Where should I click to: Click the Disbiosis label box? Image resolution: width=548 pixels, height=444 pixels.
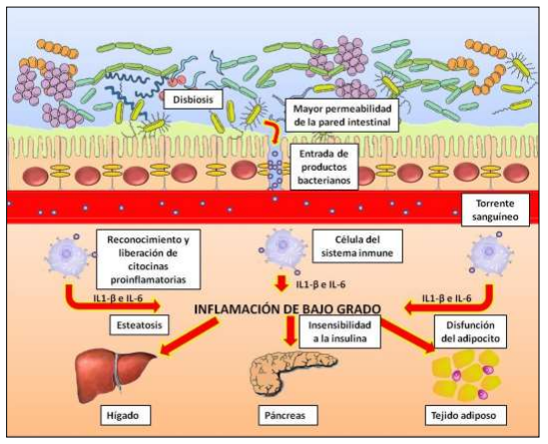click(x=193, y=99)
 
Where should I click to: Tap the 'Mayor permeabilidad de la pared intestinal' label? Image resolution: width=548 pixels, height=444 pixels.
click(x=342, y=116)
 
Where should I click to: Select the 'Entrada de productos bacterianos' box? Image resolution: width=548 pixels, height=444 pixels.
click(x=324, y=167)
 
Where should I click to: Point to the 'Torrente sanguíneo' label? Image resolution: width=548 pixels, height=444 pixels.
click(x=495, y=210)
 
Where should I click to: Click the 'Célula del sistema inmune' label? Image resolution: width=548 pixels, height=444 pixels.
click(x=357, y=246)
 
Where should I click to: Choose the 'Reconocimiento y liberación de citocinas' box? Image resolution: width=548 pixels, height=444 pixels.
click(x=148, y=259)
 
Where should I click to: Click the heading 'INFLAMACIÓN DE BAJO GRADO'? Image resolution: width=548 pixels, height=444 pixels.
click(x=287, y=309)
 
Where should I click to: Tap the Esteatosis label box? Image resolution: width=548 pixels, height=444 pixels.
click(x=140, y=325)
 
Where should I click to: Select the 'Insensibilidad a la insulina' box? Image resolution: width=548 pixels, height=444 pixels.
click(x=339, y=332)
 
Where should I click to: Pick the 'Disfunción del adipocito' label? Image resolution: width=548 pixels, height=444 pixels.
click(x=470, y=332)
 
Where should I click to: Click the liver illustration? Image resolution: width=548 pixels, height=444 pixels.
click(x=114, y=375)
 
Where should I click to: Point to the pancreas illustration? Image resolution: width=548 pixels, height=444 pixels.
click(x=291, y=372)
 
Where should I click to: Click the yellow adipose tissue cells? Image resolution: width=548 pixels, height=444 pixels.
click(x=466, y=375)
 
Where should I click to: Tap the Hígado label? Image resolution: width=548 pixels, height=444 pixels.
click(x=125, y=415)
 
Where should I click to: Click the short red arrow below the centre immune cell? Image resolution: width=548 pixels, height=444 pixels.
click(x=281, y=283)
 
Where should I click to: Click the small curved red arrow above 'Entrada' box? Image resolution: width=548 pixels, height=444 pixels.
click(x=272, y=130)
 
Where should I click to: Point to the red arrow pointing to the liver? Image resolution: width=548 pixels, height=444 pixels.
click(x=192, y=337)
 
